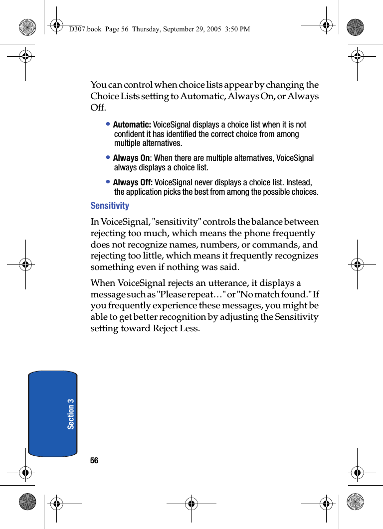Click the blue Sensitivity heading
[110, 206]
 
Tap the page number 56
[94, 461]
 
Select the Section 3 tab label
[71, 413]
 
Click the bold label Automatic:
[132, 125]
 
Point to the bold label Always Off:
[133, 182]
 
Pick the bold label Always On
[131, 158]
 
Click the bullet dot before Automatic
[108, 125]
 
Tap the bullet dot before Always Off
[108, 182]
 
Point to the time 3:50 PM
[237, 29]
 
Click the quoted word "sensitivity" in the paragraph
[175, 222]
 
